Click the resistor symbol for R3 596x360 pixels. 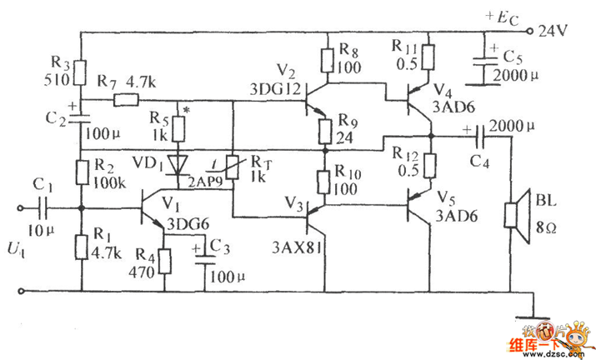tap(81, 73)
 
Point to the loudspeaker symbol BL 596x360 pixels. tap(518, 212)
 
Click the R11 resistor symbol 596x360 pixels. tap(428, 57)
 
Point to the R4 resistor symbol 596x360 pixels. tap(165, 262)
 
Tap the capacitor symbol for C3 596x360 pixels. tap(203, 254)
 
